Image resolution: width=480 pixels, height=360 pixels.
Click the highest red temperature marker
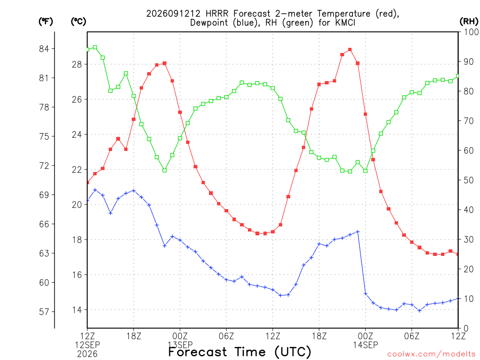tap(350, 50)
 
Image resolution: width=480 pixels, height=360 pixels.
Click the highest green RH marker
tap(95, 47)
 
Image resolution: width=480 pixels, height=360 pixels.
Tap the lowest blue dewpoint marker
tap(420, 311)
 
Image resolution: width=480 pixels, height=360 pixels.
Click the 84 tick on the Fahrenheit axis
tap(44, 49)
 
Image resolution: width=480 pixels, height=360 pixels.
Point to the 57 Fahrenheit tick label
tap(44, 312)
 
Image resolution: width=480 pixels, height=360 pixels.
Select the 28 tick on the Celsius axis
tap(77, 64)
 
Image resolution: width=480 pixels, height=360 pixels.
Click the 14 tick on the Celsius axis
tap(77, 310)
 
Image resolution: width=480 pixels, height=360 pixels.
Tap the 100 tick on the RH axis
tap(471, 32)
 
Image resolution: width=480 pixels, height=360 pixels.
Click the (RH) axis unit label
tap(469, 21)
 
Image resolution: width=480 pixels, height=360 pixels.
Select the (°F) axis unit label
tap(45, 22)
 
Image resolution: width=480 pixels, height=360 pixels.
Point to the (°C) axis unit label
tap(78, 22)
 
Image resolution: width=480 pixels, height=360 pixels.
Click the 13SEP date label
tap(180, 345)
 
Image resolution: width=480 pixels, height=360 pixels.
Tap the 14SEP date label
tap(366, 345)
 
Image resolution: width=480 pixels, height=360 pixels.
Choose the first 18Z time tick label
tap(134, 336)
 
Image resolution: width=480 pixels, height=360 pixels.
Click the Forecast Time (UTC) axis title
tap(240, 352)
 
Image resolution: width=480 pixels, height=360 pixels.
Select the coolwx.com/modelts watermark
tap(431, 354)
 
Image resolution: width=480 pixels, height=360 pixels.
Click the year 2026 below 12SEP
tap(87, 354)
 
